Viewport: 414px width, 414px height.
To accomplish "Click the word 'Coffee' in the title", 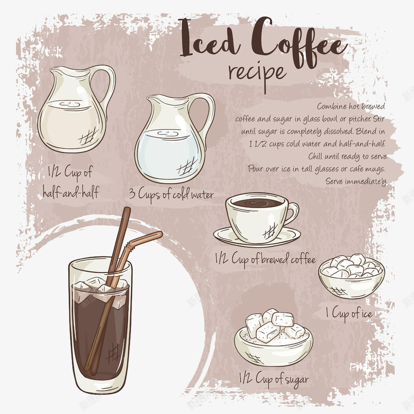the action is [299, 42].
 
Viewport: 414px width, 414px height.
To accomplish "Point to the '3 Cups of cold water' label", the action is [171, 195].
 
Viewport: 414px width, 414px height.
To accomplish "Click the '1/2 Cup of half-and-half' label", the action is [70, 182].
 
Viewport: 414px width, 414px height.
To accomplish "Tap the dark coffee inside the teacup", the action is [257, 203].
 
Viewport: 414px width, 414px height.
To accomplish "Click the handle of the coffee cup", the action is [292, 213].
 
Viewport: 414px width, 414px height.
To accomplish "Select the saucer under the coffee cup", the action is [257, 238].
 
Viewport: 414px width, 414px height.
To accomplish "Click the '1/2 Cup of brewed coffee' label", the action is [265, 259].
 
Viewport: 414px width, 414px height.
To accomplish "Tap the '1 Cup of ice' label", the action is [349, 314].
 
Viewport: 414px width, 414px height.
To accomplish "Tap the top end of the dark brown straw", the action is [127, 209].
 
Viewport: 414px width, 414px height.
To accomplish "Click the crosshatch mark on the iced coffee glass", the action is [113, 353].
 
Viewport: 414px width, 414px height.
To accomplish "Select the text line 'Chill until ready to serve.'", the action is [348, 156].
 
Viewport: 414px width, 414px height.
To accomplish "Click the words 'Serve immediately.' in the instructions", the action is [357, 182].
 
